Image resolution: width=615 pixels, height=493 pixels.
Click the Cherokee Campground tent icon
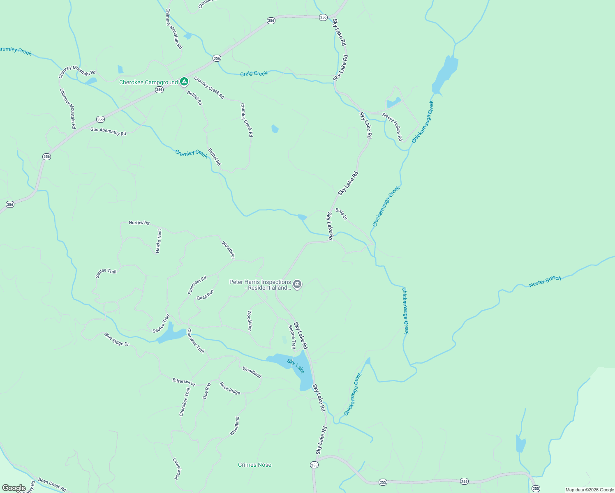click(184, 82)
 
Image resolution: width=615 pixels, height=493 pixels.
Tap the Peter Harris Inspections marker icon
click(297, 284)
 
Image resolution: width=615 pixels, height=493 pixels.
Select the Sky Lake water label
click(296, 366)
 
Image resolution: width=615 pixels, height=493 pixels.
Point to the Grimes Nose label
click(254, 465)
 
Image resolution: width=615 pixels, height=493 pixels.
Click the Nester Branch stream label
click(545, 281)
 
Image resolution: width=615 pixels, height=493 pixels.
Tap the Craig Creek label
click(254, 73)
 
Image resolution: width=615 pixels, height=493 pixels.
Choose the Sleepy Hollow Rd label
click(393, 126)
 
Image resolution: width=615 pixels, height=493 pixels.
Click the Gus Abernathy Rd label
click(108, 131)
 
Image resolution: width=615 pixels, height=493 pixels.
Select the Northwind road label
click(139, 223)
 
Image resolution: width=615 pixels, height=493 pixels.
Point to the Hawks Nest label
click(159, 241)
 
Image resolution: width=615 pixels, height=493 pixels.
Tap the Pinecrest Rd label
click(197, 285)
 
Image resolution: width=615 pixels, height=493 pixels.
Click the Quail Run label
click(205, 295)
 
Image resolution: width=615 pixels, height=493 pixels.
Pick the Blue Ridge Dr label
click(116, 339)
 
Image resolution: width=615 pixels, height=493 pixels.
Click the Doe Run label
click(207, 391)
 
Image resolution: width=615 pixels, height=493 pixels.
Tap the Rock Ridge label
click(230, 388)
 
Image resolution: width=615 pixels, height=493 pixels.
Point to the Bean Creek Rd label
click(52, 484)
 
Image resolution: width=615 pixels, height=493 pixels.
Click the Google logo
click(14, 488)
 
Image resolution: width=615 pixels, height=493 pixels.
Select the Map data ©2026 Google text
click(590, 490)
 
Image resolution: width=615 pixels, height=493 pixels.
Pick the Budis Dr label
click(341, 214)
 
